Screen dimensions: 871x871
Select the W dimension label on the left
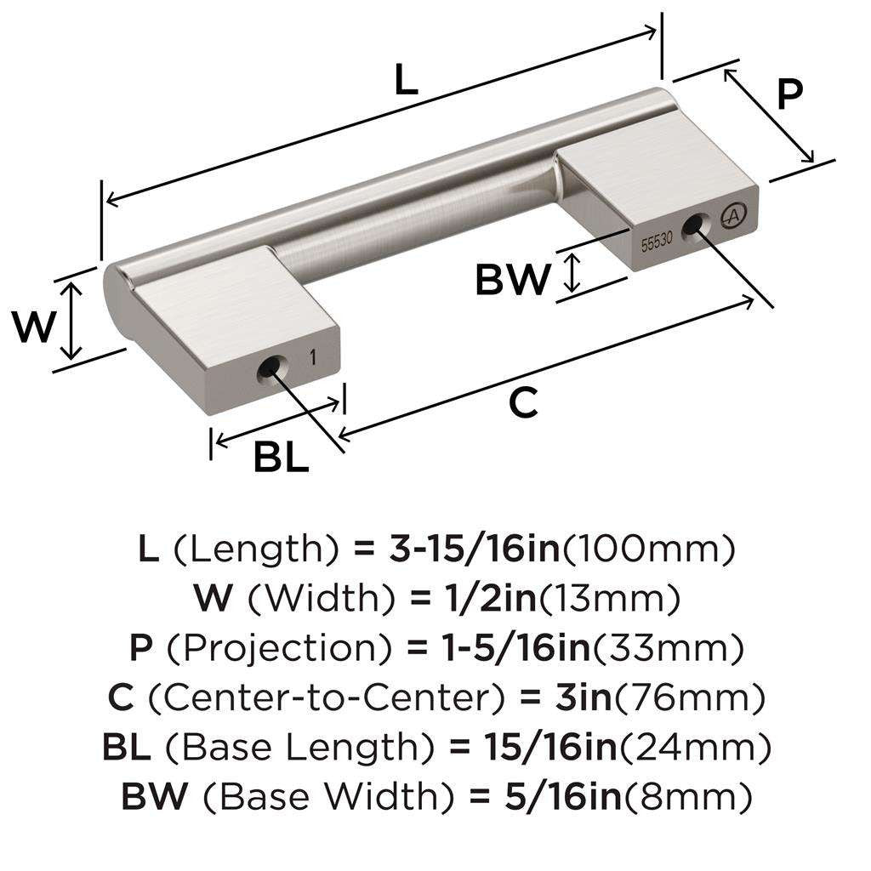34,327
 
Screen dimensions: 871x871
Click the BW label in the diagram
512,278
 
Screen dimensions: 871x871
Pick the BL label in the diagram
281,458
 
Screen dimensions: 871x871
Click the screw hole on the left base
268,370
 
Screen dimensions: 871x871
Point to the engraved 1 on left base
314,357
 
